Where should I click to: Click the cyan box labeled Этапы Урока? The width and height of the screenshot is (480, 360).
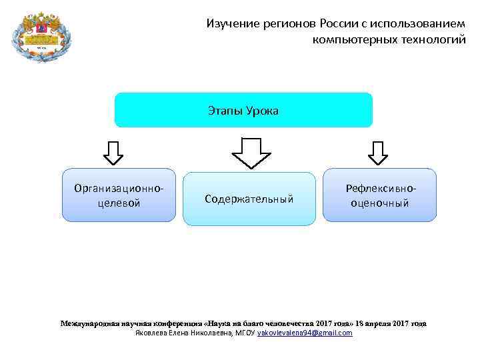[243, 110]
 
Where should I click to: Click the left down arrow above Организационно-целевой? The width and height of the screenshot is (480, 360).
[113, 152]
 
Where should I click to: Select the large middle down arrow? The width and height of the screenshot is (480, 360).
[251, 153]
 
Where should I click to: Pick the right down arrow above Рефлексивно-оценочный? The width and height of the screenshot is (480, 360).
[378, 152]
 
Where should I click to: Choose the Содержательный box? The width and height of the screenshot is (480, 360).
[249, 199]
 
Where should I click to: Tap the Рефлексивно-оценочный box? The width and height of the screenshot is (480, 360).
[380, 195]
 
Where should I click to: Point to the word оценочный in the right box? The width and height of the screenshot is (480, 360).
[380, 203]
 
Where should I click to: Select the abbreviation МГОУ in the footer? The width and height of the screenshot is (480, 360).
[245, 333]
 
